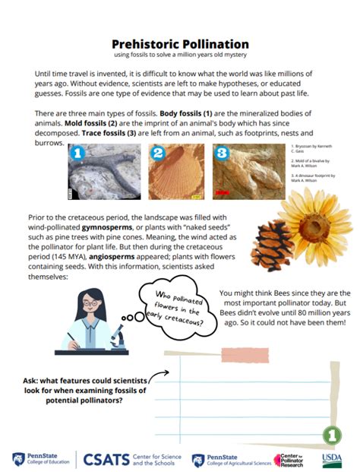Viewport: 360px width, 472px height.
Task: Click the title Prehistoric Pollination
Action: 180,44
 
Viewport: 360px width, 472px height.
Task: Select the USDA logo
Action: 332,459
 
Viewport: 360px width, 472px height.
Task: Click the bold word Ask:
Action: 36,382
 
